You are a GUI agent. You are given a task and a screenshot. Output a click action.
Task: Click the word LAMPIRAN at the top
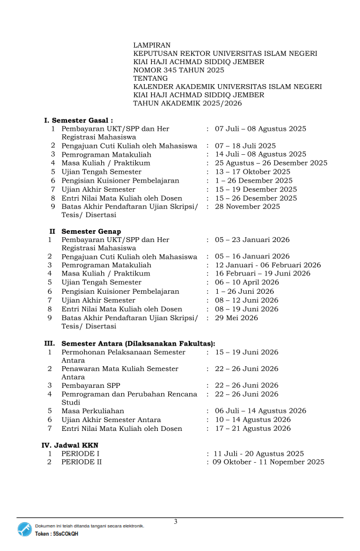152,45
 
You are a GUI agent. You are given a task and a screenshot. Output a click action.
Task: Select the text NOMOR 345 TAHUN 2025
179,70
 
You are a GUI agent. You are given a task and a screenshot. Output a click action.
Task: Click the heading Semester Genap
91,231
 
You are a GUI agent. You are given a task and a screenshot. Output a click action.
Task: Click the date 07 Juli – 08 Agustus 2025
261,128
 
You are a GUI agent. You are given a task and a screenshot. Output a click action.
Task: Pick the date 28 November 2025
248,207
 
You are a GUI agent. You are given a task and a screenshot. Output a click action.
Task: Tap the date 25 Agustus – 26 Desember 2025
271,163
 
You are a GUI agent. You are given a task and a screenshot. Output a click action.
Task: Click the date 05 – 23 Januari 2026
252,240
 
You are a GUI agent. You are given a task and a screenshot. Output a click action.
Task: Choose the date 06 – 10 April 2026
247,283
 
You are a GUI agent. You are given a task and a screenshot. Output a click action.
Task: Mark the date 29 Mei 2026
236,318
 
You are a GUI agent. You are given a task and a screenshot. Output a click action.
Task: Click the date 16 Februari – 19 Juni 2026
262,274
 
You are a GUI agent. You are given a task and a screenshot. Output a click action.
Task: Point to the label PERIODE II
82,462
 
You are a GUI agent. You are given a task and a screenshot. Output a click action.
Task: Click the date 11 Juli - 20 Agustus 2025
259,454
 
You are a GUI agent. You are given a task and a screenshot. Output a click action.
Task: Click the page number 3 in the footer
175,522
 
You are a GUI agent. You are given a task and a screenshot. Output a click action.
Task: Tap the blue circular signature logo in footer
25,529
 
